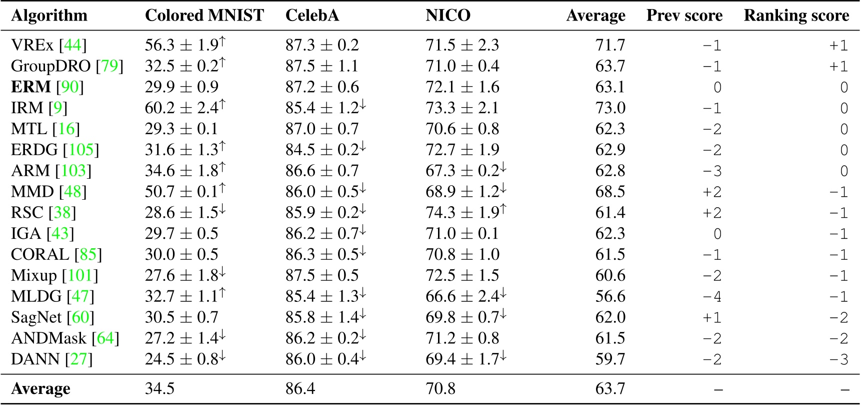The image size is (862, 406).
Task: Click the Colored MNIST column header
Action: pyautogui.click(x=204, y=16)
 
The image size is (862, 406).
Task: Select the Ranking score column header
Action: pyautogui.click(x=796, y=16)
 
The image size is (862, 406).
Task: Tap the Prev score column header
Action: pyautogui.click(x=684, y=16)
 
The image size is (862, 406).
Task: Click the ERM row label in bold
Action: pyautogui.click(x=31, y=87)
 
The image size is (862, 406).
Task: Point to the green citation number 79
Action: pyautogui.click(x=109, y=66)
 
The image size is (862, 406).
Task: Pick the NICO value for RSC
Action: pyautogui.click(x=465, y=213)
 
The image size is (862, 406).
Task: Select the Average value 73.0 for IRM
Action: pyautogui.click(x=610, y=108)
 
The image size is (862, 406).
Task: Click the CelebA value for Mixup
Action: pyautogui.click(x=322, y=275)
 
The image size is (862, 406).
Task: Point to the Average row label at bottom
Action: pyautogui.click(x=40, y=389)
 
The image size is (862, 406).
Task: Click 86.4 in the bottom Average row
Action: pyautogui.click(x=300, y=389)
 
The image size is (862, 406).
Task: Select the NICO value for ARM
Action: pyautogui.click(x=465, y=171)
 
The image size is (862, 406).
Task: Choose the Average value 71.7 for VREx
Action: pyautogui.click(x=610, y=45)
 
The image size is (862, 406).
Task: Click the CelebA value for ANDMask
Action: pyautogui.click(x=325, y=338)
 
